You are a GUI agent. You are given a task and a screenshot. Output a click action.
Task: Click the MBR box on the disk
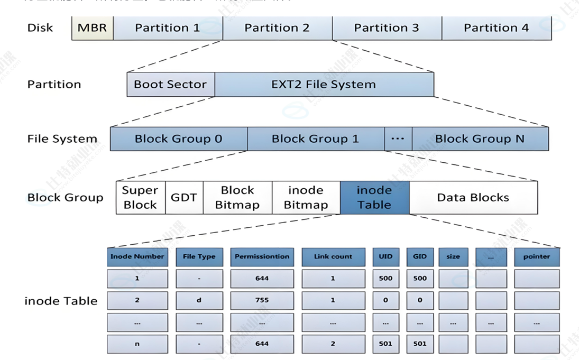point(93,28)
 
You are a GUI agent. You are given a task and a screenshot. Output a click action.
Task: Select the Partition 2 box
point(277,28)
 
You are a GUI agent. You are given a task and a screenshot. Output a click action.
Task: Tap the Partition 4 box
point(496,28)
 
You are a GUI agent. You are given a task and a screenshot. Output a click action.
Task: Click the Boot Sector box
point(170,85)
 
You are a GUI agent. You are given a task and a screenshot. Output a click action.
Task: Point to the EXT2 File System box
point(324,85)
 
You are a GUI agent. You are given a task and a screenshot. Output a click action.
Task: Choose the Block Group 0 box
point(178,139)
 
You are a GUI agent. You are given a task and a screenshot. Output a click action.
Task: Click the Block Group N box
point(480,139)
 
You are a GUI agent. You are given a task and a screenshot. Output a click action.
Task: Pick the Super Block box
point(140,198)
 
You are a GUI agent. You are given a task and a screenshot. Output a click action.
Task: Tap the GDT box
point(184,198)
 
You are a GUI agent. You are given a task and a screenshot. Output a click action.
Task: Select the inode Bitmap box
point(306,198)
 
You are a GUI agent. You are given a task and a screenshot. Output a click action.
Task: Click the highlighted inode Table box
point(374,198)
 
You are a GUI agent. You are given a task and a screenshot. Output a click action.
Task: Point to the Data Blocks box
point(473,198)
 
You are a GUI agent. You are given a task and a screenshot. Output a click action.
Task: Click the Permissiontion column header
point(262,257)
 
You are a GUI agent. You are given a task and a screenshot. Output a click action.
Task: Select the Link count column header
point(333,257)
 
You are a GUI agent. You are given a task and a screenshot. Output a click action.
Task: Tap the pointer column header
point(536,257)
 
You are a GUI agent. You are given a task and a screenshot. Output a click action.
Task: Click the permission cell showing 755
point(262,300)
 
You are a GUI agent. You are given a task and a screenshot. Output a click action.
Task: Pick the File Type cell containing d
point(199,300)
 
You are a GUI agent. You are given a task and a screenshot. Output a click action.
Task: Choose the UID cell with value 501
point(385,344)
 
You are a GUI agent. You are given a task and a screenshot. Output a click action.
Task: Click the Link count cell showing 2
point(333,344)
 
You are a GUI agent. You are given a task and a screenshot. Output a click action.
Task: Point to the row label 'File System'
point(62,140)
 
